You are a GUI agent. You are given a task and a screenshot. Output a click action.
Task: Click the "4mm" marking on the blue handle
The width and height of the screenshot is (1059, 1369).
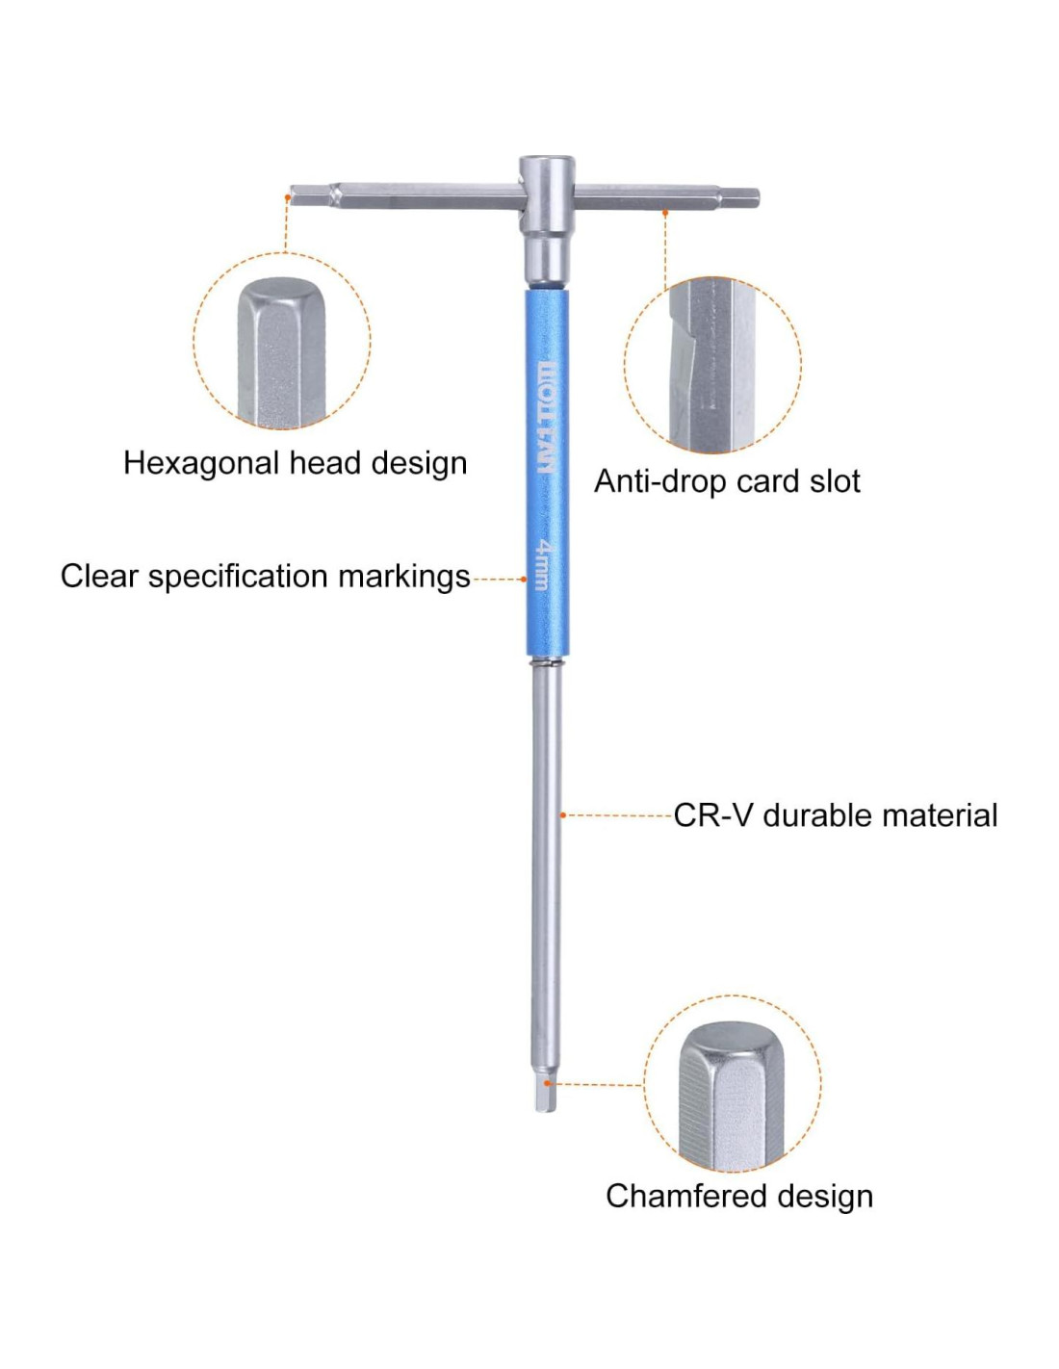coord(543,563)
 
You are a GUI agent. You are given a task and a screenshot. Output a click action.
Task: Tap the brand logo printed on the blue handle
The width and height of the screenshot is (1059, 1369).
coord(546,418)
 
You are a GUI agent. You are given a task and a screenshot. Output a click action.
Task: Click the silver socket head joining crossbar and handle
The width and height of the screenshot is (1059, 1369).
coord(546,217)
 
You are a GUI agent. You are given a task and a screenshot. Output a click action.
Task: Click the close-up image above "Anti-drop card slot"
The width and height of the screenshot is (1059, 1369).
coord(712,365)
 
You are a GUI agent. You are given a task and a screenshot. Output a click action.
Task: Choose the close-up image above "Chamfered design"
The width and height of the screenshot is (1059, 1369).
coord(732,1083)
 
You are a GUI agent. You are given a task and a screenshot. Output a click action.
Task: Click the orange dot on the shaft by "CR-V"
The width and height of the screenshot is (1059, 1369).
coord(563,815)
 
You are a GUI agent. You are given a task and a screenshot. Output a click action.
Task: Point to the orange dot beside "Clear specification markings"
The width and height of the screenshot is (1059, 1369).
coord(525,579)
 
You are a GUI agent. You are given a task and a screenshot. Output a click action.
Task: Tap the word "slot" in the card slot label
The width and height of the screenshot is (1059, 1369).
coord(836,480)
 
